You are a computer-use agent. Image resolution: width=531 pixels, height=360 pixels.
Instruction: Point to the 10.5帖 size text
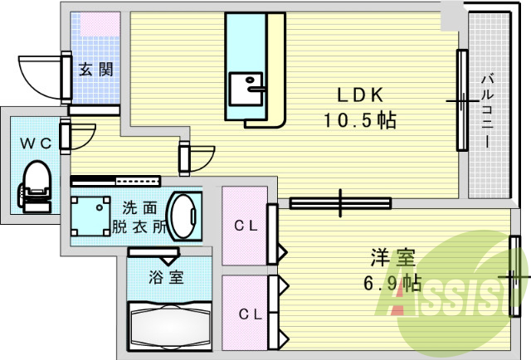pyautogui.click(x=358, y=120)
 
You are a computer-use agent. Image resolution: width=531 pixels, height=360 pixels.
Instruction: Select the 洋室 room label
pyautogui.click(x=392, y=258)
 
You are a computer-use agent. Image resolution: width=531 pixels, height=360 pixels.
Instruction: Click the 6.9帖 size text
pyautogui.click(x=392, y=285)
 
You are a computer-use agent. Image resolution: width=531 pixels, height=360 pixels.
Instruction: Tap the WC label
pyautogui.click(x=36, y=143)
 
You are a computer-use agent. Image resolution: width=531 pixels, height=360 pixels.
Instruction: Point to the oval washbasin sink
pyautogui.click(x=183, y=216)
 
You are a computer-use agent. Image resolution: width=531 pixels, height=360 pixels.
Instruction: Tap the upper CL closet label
pyautogui.click(x=244, y=226)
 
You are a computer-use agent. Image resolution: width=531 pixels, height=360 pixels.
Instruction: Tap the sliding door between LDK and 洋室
pyautogui.click(x=340, y=202)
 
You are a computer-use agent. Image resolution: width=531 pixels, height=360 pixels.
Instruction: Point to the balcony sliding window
pyautogui.click(x=461, y=101)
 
